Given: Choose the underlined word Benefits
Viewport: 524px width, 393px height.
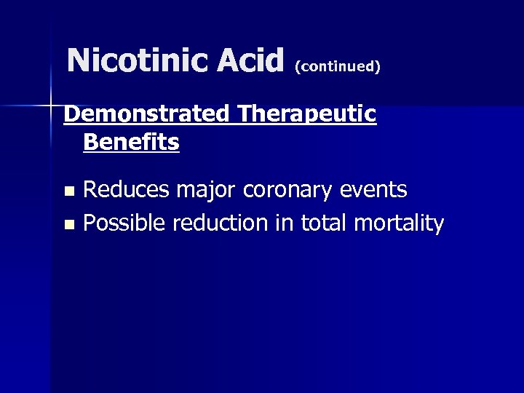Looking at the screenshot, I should coord(131,143).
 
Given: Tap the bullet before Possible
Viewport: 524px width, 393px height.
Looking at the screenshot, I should coord(68,225).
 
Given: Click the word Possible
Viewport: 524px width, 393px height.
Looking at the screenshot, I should coord(124,223).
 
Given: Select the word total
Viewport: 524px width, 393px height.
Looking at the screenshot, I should coord(323,223).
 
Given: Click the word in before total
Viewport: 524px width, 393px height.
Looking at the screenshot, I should coord(285,223).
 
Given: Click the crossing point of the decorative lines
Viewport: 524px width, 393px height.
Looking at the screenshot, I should coord(51,106).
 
